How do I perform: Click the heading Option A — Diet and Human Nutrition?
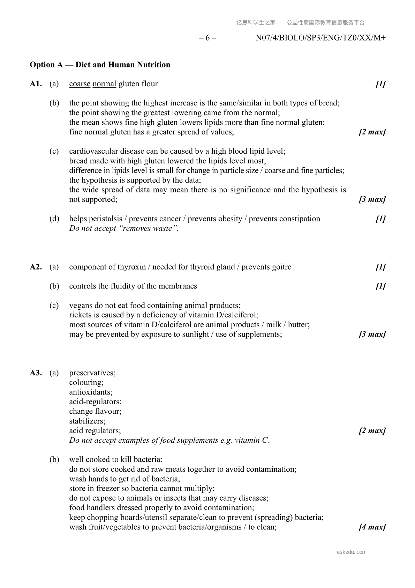pos(100,65)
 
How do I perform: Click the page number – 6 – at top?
pos(207,38)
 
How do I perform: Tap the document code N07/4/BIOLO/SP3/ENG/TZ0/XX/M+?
pos(320,38)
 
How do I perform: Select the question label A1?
pos(36,84)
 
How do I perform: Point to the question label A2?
pos(36,267)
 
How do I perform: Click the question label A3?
pos(36,373)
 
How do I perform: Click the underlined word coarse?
pos(80,84)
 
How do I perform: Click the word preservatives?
pos(92,373)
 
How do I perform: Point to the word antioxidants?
pos(90,392)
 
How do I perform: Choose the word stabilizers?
pos(87,421)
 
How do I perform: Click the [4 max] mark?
pos(372,527)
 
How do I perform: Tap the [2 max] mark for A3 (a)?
pos(372,431)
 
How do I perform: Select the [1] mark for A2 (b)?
pos(380,286)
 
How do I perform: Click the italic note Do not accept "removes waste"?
pos(124,228)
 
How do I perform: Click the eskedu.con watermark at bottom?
pos(351,552)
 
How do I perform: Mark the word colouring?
pos(86,382)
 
